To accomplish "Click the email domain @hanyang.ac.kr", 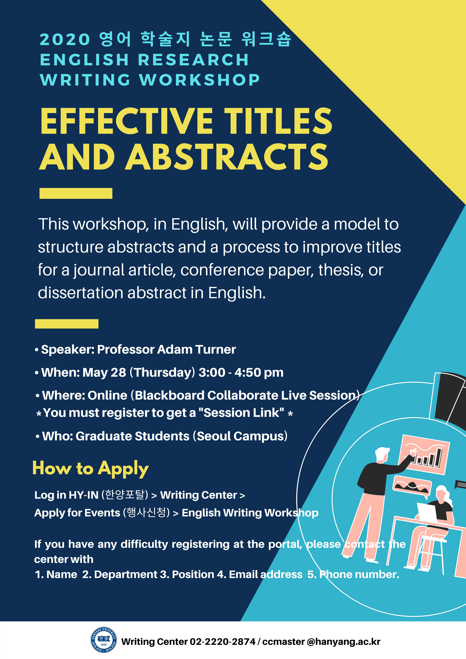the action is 344,642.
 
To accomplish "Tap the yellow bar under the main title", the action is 76,193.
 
